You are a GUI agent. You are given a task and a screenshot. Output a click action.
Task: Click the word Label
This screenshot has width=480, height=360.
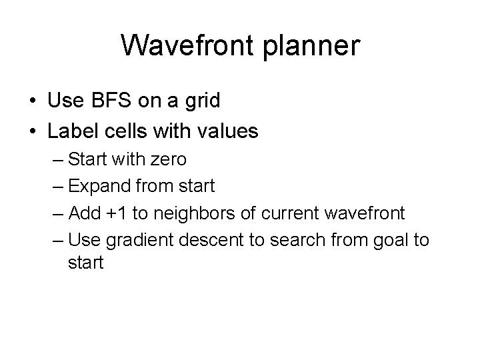[x=73, y=131]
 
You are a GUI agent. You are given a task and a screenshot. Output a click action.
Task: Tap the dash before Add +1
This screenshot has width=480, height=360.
[x=56, y=213]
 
